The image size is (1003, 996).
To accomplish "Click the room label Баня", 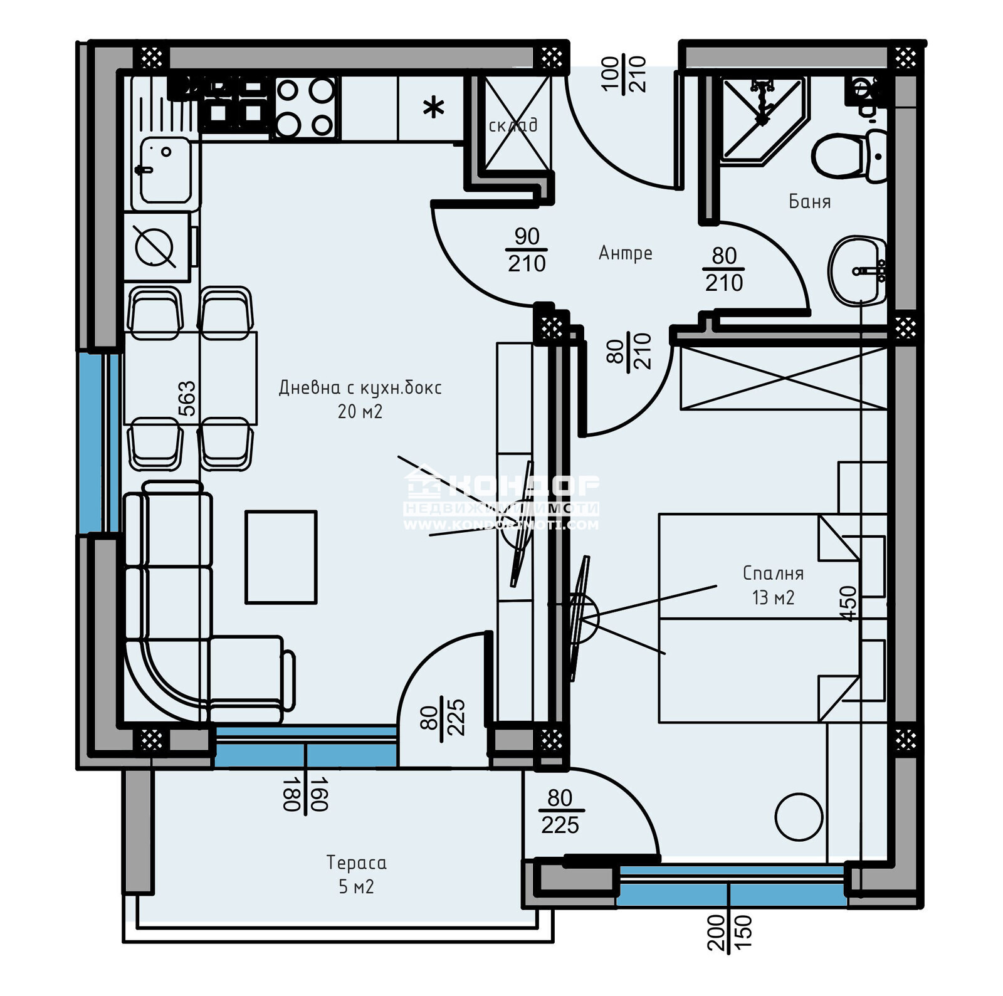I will pos(809,202).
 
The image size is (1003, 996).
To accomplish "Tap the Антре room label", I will pos(625,253).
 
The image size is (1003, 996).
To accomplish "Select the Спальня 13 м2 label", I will pos(773,585).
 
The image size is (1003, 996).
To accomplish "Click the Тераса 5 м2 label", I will pos(356,874).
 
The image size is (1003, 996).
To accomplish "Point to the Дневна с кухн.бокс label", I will pos(360,399).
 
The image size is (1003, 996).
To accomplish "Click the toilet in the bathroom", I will pos(846,156).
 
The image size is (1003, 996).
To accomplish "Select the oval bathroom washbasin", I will pos(856,271).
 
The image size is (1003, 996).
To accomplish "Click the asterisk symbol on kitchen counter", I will pos(433,108).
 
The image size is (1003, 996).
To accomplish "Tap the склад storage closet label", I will pos(513,125).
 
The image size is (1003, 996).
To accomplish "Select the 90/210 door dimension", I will pos(527,249).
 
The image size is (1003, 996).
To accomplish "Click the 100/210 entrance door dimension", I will pos(624,74).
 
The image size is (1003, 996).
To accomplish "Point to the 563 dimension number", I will pos(187,399).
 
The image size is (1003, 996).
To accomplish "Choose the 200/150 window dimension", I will pos(729,932).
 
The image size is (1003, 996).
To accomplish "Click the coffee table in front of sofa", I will pos(281,557).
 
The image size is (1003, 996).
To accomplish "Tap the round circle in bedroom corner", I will pos(798,817).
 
